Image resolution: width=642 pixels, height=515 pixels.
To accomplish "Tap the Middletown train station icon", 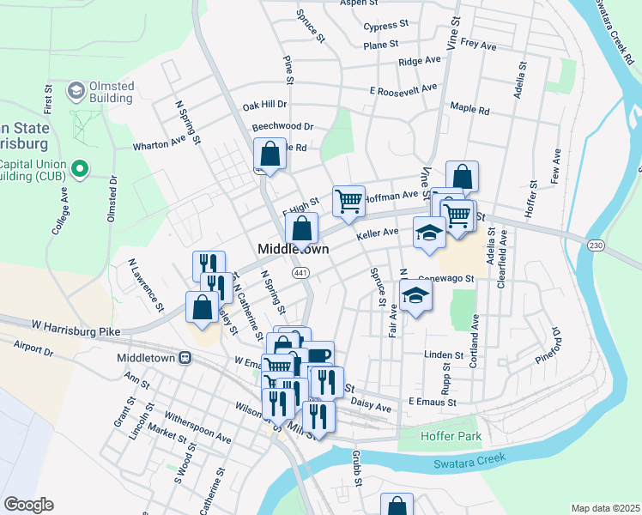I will coord(184,357).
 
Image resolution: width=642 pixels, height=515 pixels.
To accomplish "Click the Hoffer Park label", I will coord(451,437).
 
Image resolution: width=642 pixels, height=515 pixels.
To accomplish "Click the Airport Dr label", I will coord(33,348).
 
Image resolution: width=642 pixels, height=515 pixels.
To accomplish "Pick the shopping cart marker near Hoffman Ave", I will coord(349,201).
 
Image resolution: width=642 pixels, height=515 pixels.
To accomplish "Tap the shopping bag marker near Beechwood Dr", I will coord(270,154).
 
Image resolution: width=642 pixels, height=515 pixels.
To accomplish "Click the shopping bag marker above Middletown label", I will coord(301,228).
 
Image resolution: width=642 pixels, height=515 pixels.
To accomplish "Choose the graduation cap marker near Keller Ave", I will coord(429,232).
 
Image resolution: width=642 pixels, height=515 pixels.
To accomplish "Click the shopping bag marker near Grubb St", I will coord(396,506).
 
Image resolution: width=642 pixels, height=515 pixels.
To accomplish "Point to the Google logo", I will coord(27,505).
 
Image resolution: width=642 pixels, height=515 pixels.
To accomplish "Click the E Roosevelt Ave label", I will coord(403,88).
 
